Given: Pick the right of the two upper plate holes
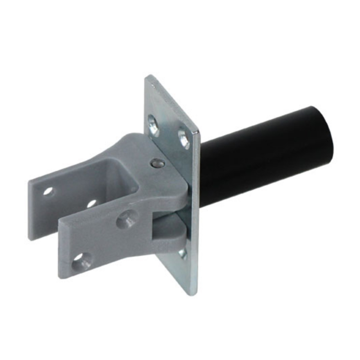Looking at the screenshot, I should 184,138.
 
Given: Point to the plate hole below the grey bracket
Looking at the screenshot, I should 182,253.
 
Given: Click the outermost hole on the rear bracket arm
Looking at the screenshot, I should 48,191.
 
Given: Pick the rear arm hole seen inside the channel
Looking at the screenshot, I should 92,203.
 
